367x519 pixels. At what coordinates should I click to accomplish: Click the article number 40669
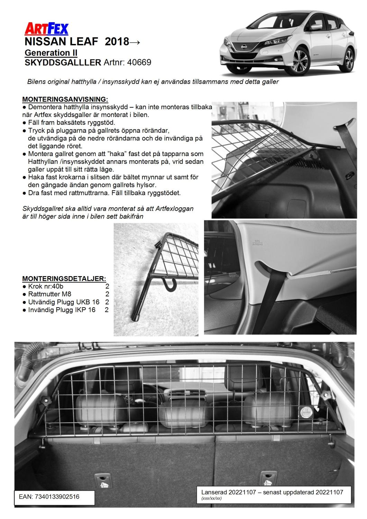[139, 62]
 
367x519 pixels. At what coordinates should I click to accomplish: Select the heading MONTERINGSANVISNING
[65, 100]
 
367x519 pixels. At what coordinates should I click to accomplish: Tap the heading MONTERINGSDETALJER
[64, 279]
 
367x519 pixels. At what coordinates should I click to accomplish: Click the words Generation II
[51, 53]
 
